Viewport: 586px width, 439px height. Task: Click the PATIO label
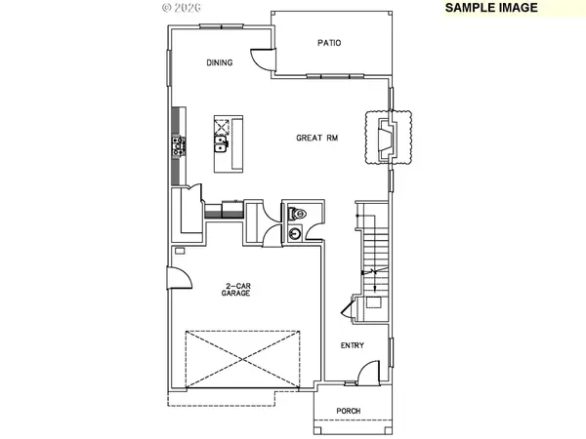point(329,42)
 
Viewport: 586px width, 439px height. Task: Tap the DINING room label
point(220,63)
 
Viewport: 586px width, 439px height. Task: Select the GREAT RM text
point(317,138)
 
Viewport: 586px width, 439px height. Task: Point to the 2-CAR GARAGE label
point(232,289)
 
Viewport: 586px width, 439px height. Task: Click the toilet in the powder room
point(296,213)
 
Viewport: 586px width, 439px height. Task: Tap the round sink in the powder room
point(294,233)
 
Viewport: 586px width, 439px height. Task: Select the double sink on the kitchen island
point(222,147)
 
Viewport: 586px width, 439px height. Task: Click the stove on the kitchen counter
point(179,146)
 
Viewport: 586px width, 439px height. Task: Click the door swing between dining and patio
point(261,57)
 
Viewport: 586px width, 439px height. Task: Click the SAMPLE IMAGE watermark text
point(491,7)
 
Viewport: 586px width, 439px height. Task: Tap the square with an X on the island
point(222,126)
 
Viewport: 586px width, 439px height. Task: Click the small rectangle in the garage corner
point(179,251)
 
